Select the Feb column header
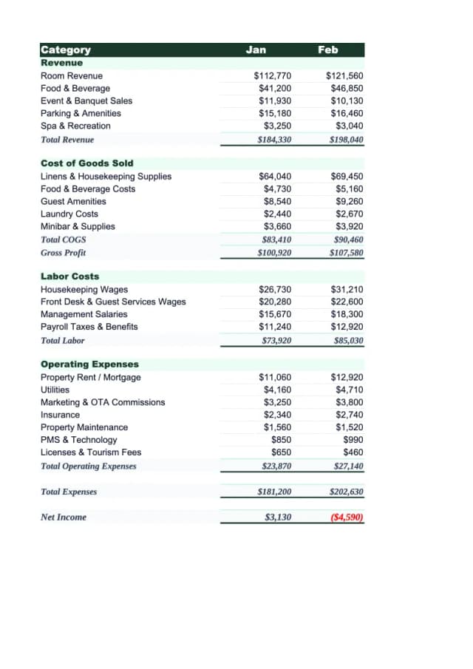point(327,50)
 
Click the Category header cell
point(66,50)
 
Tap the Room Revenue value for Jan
point(272,75)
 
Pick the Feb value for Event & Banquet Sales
point(347,101)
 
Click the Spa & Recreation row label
point(75,126)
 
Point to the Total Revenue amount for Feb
point(347,139)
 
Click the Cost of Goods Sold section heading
point(86,163)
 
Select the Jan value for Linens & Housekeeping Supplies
point(275,176)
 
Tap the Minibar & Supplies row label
point(78,226)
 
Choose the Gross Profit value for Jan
point(273,253)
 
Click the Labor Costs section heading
point(69,276)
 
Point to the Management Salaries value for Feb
point(348,314)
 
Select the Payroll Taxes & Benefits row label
point(89,327)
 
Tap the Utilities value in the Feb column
point(350,390)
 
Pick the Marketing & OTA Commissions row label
point(103,402)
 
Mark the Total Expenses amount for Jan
point(273,492)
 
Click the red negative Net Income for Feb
point(347,517)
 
